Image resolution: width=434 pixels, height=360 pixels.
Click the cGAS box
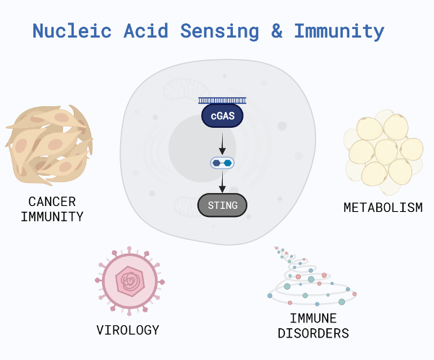(222, 116)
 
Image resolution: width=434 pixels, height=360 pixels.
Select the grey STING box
(222, 205)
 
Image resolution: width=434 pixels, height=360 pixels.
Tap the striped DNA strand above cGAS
(222, 100)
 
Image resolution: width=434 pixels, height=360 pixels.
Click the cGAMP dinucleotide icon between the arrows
(222, 163)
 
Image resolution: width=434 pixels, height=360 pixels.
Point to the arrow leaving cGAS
(222, 144)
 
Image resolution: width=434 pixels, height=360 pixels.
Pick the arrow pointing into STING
(222, 181)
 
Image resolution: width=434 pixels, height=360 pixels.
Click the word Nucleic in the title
(72, 30)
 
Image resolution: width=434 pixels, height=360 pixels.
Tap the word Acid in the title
(146, 30)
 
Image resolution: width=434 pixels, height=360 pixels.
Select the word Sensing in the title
(220, 32)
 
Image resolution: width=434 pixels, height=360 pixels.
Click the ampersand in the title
(277, 30)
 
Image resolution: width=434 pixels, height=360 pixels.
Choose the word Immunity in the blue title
(339, 32)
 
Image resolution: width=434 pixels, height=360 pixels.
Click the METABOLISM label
(383, 207)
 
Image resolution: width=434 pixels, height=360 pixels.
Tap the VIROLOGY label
(128, 330)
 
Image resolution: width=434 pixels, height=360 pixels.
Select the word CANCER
(52, 202)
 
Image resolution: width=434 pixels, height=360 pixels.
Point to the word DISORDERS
(313, 333)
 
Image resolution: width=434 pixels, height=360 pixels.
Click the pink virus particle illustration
(129, 281)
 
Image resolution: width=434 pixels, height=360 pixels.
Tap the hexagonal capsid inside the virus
(130, 281)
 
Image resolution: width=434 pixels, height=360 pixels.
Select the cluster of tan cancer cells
(49, 145)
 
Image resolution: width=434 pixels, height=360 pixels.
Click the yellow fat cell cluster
(383, 153)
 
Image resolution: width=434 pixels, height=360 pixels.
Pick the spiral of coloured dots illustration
(312, 277)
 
